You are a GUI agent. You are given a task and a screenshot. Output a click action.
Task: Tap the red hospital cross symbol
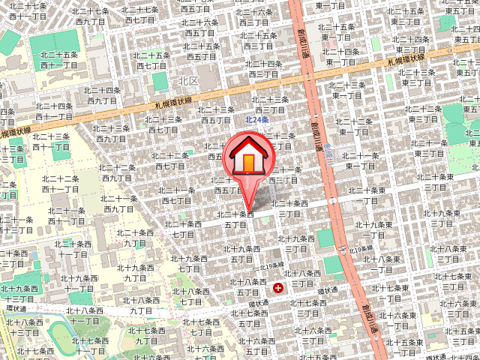pos(280,286)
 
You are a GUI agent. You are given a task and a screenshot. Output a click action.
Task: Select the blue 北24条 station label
pos(256,120)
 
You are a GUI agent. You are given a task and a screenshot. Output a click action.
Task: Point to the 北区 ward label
pos(187,80)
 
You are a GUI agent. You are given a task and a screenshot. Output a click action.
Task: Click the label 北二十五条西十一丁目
pos(59,61)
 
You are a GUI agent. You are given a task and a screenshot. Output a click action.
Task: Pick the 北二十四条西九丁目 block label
pos(103,94)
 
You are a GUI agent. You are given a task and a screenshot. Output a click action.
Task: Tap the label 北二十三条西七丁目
pos(163,124)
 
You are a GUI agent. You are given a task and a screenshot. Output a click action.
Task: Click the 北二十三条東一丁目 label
pos(348,90)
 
